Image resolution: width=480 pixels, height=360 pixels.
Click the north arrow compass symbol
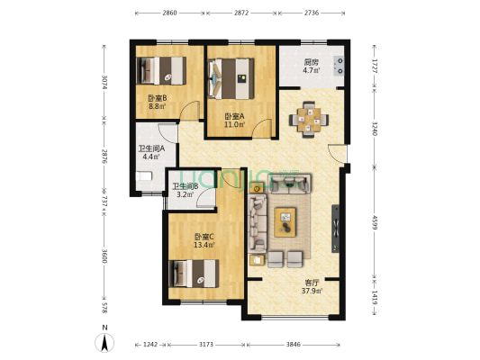pos(104,343)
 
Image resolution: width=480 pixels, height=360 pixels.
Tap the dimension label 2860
pos(169,13)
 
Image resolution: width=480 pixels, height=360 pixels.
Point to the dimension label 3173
pos(206,345)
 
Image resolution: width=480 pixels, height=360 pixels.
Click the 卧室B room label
pos(158,98)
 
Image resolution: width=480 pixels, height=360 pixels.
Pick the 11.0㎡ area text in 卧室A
pos(235,124)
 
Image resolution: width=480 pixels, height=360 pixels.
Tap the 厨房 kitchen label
pos(311,62)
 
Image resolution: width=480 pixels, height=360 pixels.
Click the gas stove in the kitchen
pos(339,66)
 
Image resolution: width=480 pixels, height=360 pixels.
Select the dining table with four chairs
pos(309,120)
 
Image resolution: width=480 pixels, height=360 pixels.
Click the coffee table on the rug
pos(285,222)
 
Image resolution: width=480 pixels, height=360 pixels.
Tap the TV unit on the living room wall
pos(336,229)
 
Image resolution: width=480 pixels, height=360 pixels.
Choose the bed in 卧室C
pos(194,274)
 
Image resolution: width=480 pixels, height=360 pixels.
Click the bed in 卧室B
pos(161,71)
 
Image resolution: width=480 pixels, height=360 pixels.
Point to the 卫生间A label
pos(151,149)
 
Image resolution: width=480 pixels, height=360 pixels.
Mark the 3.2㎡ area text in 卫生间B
pos(185,193)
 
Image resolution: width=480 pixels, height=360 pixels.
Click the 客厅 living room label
pos(311,283)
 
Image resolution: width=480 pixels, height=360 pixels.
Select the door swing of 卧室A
pos(262,129)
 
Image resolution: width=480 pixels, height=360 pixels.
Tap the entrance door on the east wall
pos(338,154)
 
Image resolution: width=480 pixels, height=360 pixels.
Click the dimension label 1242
pos(150,345)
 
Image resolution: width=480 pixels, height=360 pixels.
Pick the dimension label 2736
pos(311,13)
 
